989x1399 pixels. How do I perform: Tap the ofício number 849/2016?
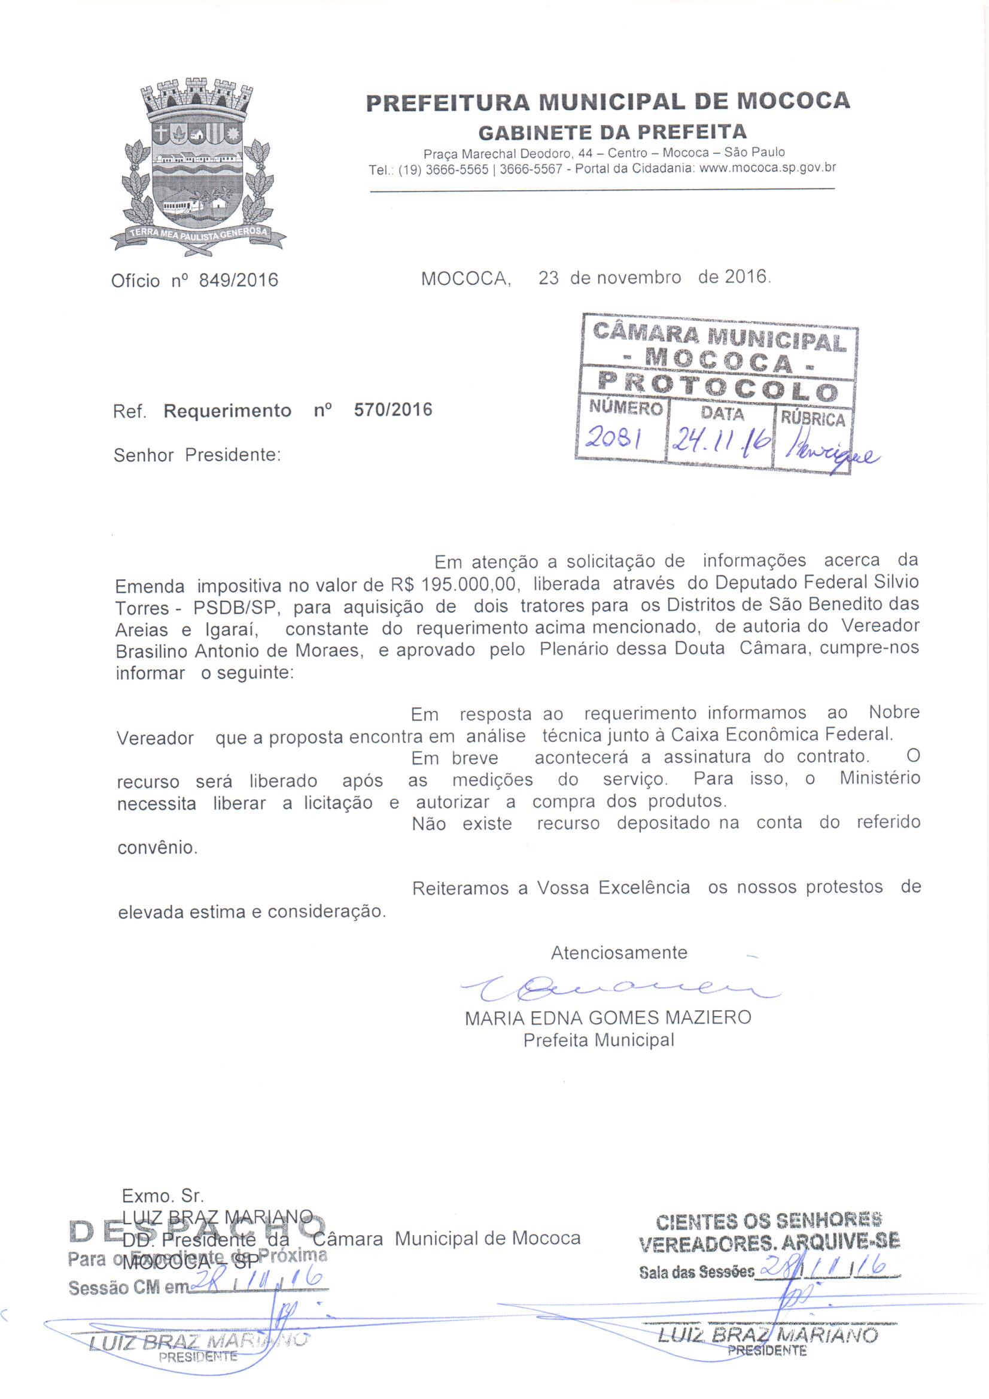click(238, 280)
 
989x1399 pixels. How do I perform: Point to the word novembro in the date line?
click(638, 278)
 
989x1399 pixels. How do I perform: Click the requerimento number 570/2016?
click(393, 409)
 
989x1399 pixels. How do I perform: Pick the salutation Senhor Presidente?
click(197, 455)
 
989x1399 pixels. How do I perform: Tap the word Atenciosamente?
click(619, 953)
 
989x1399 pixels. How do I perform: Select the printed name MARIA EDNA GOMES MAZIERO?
click(608, 1018)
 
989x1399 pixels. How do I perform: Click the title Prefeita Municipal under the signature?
click(598, 1039)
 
